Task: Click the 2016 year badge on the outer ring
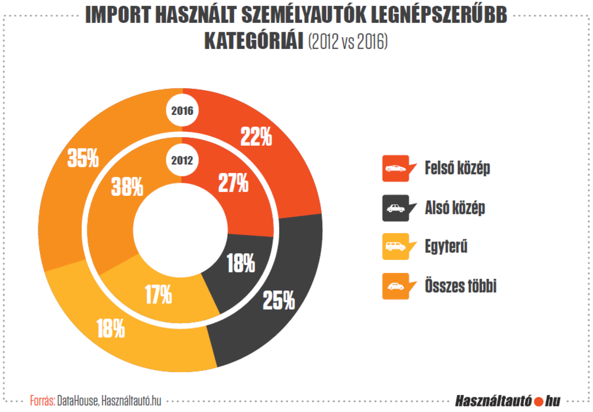point(182,111)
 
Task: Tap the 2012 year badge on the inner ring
point(182,160)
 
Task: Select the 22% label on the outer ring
point(256,136)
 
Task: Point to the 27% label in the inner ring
point(233,183)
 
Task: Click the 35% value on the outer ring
point(83,158)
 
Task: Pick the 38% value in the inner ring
point(127,187)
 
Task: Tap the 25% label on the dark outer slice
point(279,300)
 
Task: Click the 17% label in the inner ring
point(158,294)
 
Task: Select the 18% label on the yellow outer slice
point(111,328)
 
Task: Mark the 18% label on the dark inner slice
point(241,263)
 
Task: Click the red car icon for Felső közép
point(396,168)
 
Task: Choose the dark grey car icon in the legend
point(396,208)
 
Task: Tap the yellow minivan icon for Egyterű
point(396,246)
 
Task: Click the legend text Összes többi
point(461,286)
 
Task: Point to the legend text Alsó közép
point(455,208)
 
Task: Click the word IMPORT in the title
point(118,15)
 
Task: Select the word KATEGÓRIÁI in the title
point(254,41)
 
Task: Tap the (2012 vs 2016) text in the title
point(348,41)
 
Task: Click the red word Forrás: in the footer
point(43,401)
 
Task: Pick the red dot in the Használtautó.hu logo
point(539,401)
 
